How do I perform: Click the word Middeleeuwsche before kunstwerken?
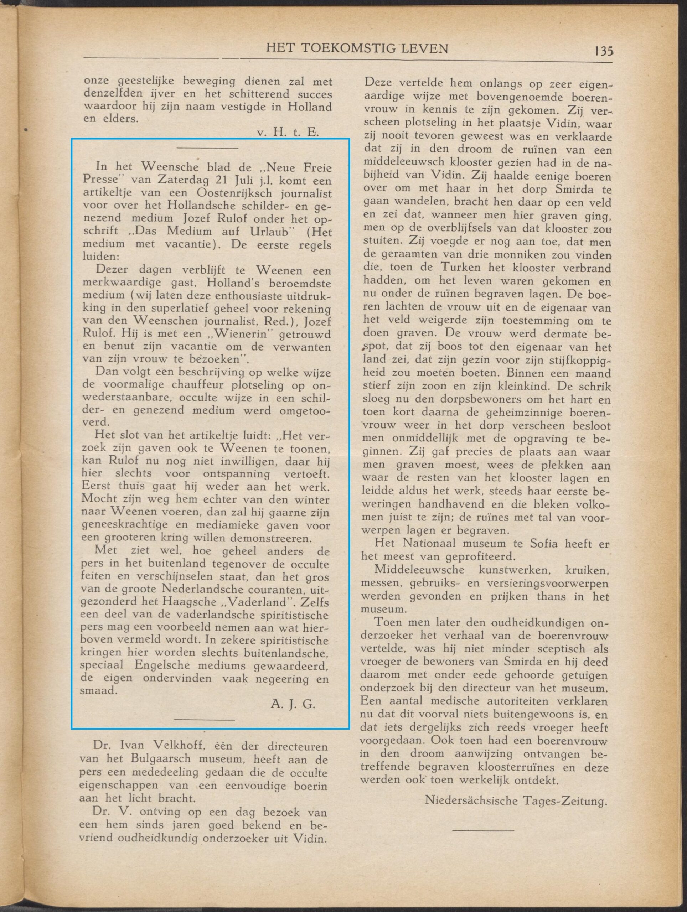pyautogui.click(x=419, y=570)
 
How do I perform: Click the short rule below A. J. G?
pyautogui.click(x=204, y=720)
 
